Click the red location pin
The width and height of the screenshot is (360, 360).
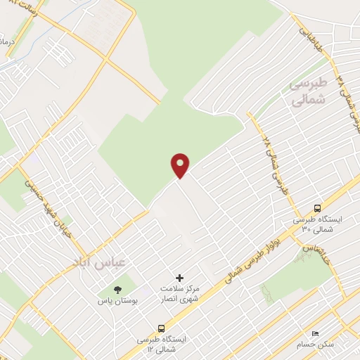[181, 165]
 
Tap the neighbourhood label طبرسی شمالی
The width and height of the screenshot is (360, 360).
[308, 92]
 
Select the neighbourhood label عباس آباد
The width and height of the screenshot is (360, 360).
[98, 262]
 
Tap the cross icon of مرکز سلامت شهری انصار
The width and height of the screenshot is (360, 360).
[179, 278]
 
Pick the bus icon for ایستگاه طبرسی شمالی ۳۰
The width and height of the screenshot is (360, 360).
[317, 208]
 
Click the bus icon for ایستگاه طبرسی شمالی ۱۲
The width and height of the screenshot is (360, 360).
[162, 328]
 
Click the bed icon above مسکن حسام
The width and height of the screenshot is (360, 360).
[315, 333]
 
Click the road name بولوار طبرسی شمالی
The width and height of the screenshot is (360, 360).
[253, 262]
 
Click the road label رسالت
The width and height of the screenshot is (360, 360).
[21, 12]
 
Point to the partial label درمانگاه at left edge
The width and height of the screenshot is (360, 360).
[5, 43]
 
